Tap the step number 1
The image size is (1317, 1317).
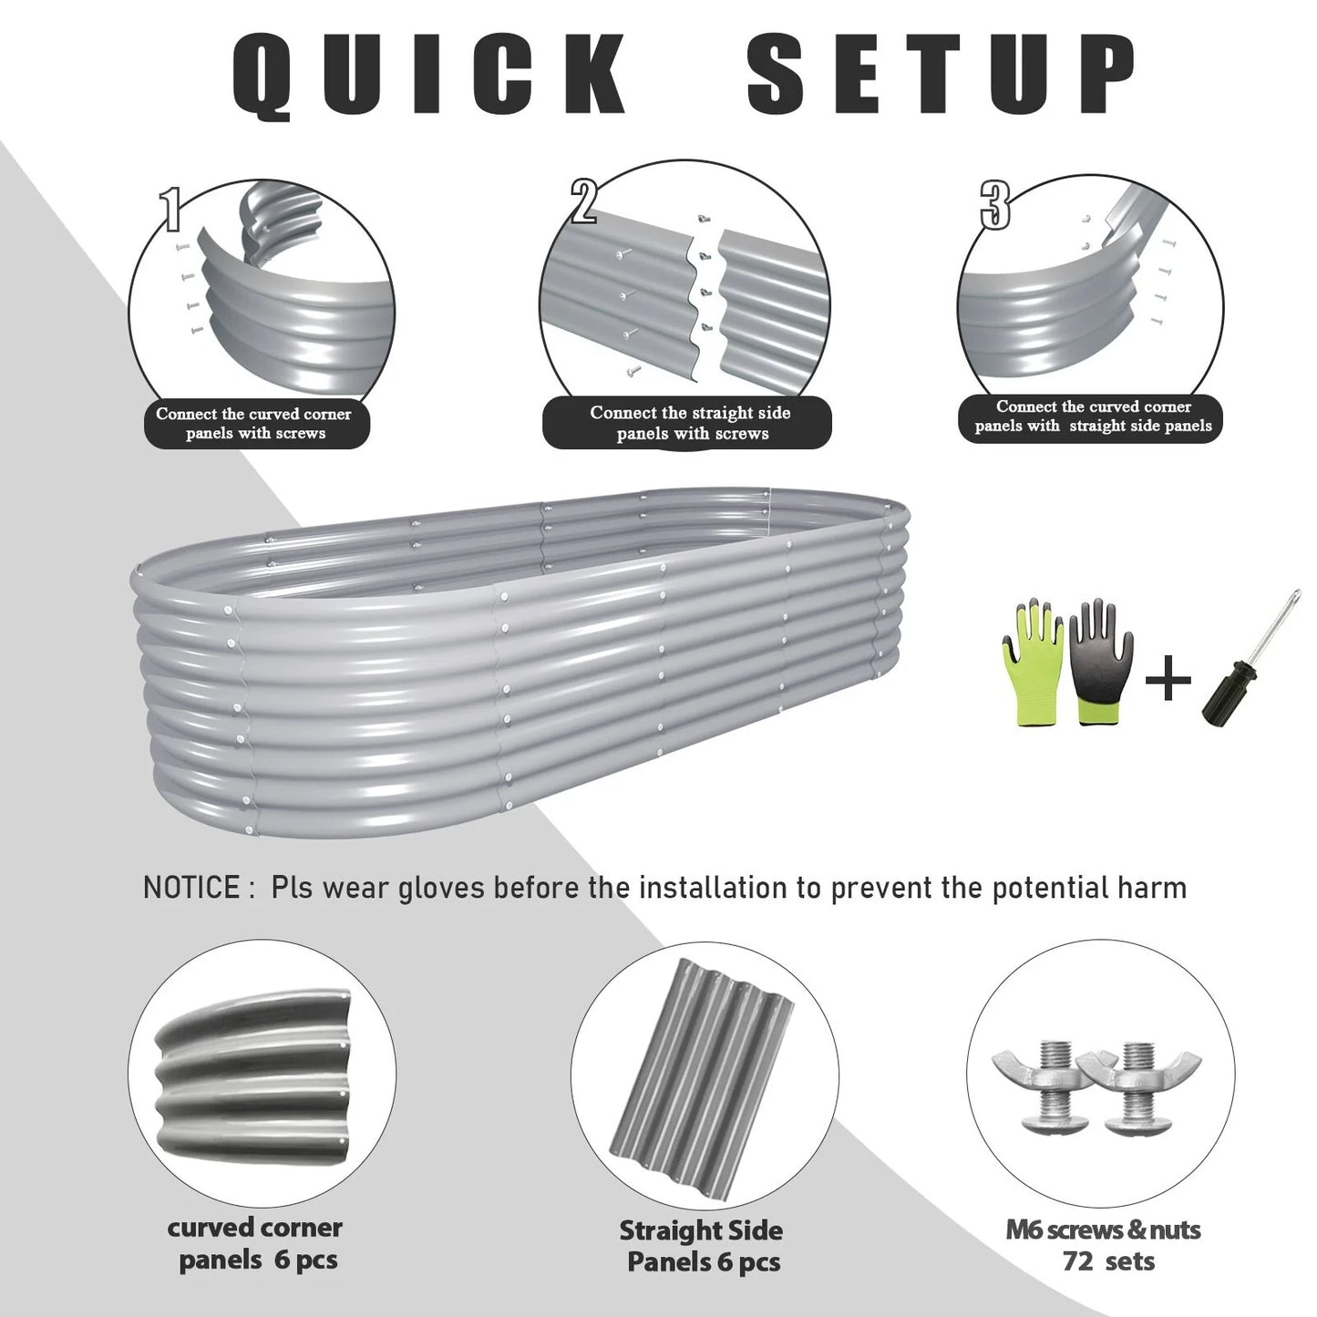[x=170, y=209]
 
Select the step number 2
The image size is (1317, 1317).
[x=583, y=202]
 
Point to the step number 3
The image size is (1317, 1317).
[x=995, y=205]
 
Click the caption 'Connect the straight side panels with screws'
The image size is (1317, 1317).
[x=689, y=423]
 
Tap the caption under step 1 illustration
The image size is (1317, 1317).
[x=254, y=423]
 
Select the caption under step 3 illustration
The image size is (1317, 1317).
[x=1092, y=417]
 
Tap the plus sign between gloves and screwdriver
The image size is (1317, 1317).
[x=1168, y=678]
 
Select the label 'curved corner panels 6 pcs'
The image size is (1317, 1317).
[x=256, y=1244]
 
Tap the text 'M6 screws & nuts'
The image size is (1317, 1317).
[x=1103, y=1230]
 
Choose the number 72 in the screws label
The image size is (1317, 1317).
[x=1078, y=1261]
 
